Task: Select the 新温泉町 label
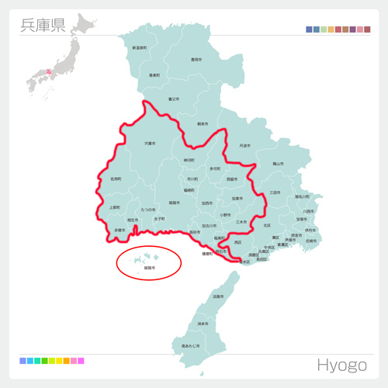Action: pos(140,48)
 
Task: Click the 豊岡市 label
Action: pos(196,59)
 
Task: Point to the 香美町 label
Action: pos(154,75)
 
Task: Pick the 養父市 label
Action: pos(174,99)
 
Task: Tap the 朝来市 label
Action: pos(203,123)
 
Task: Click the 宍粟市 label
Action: pos(149,144)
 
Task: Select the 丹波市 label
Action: pos(245,145)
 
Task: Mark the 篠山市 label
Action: pos(278,164)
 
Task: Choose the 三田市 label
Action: pos(275,192)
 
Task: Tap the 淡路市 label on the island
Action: pos(218,296)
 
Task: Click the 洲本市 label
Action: pos(203,323)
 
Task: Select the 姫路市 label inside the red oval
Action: pos(150,268)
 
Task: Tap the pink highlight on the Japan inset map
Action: pos(48,72)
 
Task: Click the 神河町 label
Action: pos(189,161)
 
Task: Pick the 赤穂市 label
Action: pos(120,230)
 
